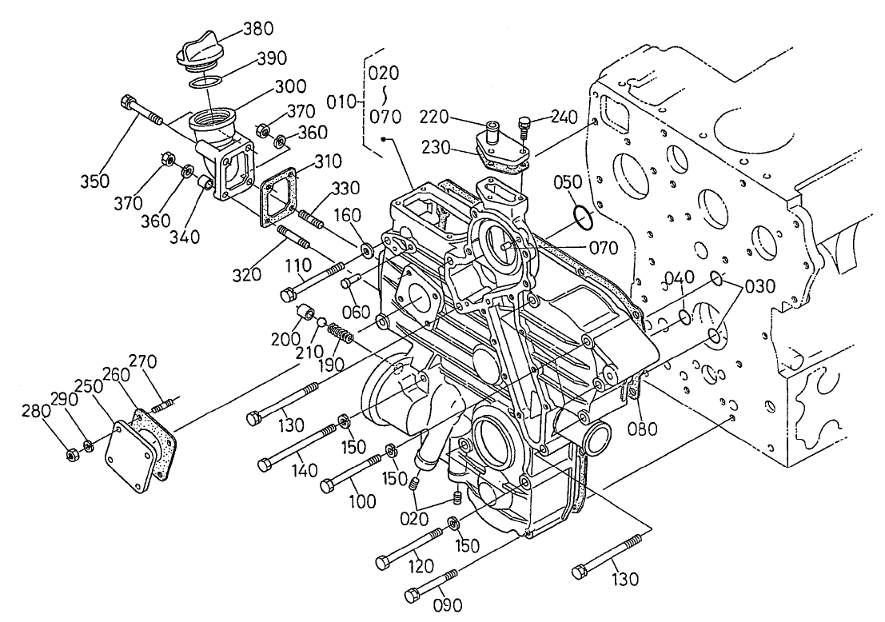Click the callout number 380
(x=257, y=30)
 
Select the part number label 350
(x=95, y=181)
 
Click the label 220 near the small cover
(x=433, y=118)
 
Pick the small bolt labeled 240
(x=524, y=125)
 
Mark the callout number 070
(x=603, y=248)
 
